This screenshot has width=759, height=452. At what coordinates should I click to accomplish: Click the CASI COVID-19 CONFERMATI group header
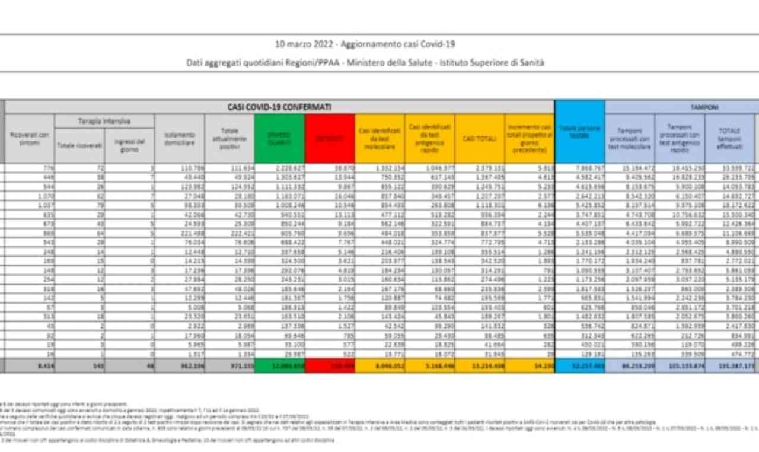[279, 107]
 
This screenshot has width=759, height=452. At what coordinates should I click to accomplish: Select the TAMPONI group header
[704, 107]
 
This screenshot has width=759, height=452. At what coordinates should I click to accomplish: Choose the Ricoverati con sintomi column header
[30, 139]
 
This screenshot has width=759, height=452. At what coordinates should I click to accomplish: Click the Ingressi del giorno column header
[129, 145]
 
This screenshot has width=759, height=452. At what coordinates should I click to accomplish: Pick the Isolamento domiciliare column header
[179, 139]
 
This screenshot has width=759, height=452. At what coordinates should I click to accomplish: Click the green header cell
[279, 139]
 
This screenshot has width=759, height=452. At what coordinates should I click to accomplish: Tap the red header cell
[330, 139]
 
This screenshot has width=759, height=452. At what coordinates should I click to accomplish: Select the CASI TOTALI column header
[479, 139]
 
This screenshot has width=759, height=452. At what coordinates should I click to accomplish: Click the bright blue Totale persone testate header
[580, 132]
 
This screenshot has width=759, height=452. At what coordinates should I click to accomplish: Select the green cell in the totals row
[279, 367]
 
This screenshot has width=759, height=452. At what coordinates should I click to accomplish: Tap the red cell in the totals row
[330, 367]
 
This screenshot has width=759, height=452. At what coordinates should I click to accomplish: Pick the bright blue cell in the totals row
[580, 367]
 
